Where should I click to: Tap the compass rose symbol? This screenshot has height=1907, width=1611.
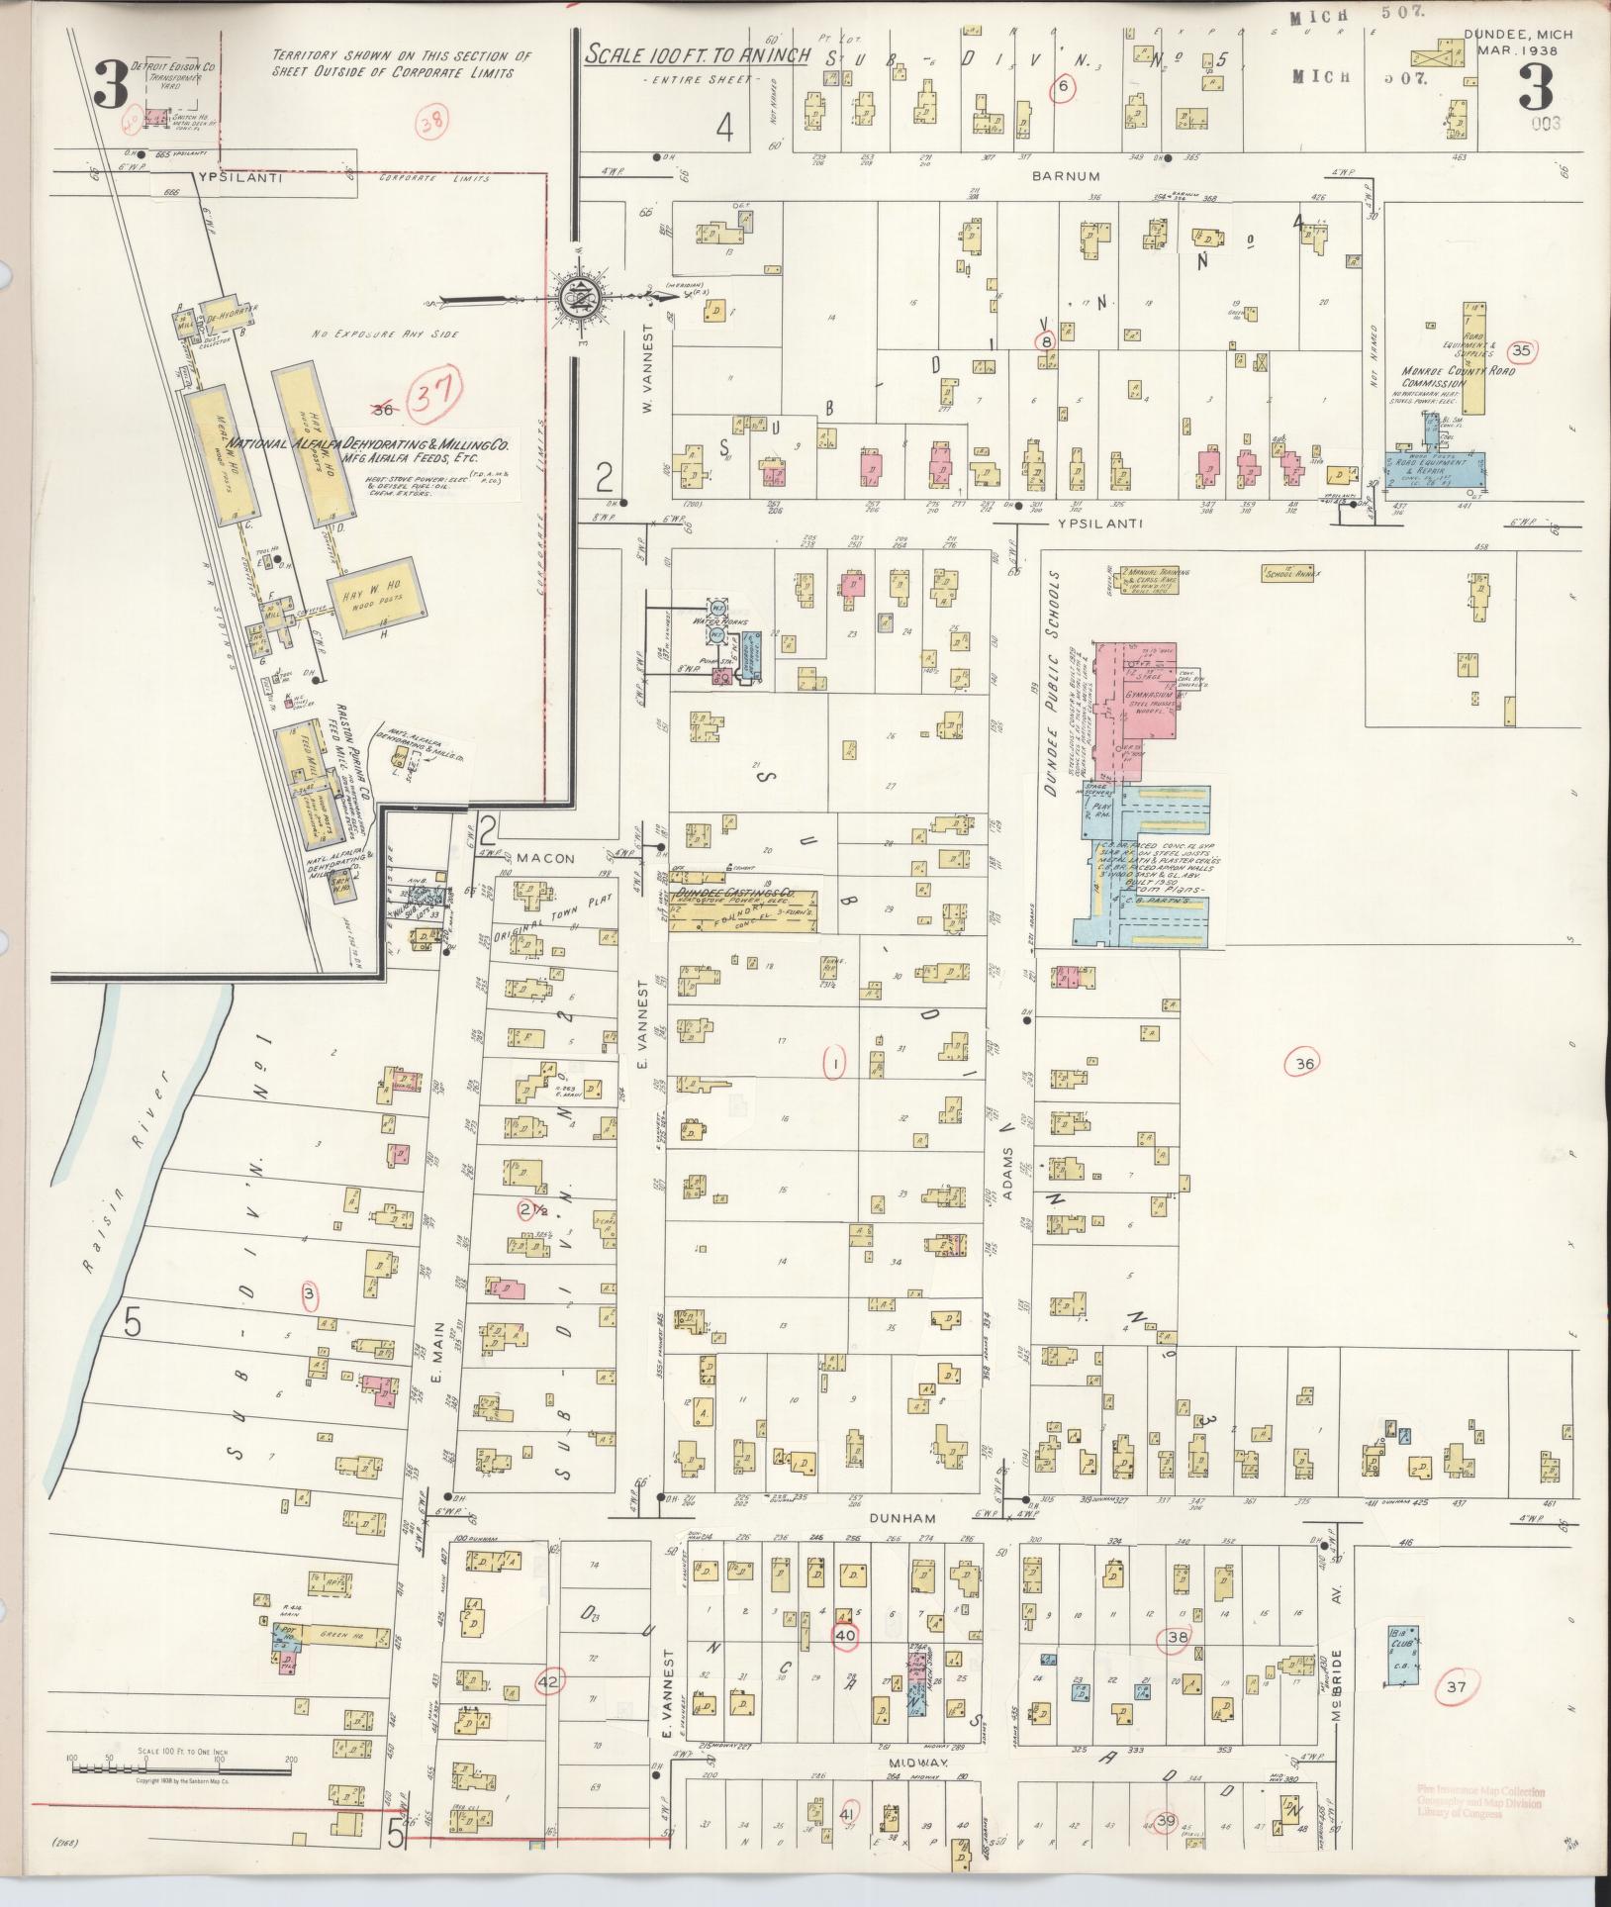tap(575, 297)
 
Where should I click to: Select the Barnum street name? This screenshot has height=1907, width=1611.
tap(1051, 175)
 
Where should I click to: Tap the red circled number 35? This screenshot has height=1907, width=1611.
tap(1521, 349)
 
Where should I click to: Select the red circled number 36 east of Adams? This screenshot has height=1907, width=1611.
tap(1303, 1064)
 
